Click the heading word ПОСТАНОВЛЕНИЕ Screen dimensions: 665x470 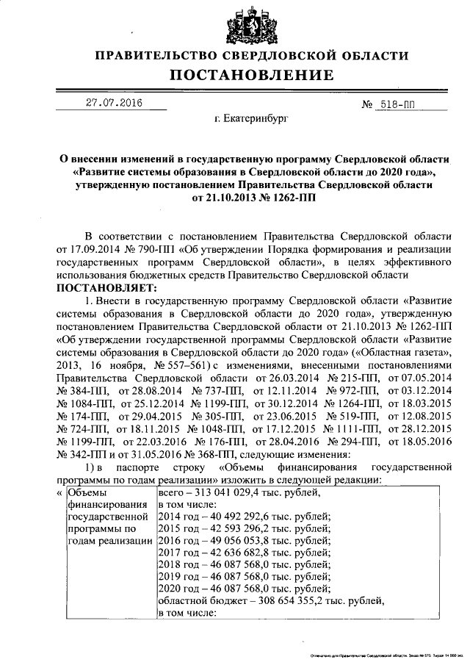[252, 75]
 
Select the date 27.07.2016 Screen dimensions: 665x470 [113, 103]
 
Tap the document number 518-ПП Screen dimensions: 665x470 [397, 105]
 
